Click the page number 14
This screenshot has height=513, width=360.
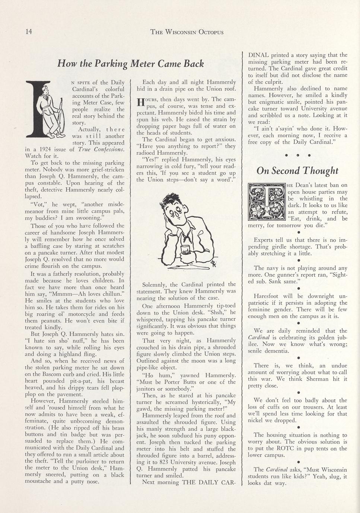(29, 32)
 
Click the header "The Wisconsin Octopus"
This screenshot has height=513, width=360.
(187, 32)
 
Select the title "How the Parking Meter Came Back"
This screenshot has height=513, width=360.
(130, 64)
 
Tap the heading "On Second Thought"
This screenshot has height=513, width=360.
(297, 170)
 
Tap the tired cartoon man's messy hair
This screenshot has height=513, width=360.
(175, 201)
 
